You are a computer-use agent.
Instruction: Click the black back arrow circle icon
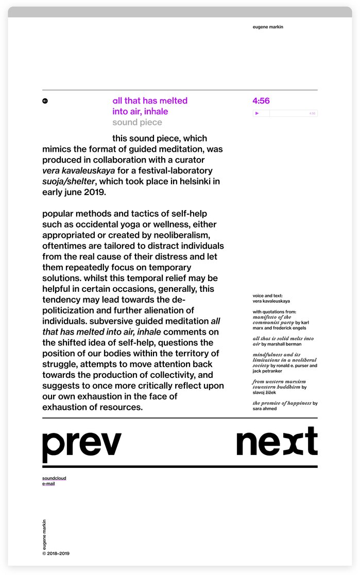[45, 101]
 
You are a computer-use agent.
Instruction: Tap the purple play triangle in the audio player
[257, 113]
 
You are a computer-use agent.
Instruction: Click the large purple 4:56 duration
[261, 101]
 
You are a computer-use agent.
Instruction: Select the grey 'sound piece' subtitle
[137, 123]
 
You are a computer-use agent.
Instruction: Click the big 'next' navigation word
[277, 442]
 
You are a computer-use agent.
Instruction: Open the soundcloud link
[54, 478]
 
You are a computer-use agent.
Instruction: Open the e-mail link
[48, 484]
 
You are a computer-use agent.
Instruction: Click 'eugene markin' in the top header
[268, 27]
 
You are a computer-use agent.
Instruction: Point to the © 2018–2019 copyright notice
[56, 554]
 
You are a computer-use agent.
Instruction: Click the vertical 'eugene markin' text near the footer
[45, 534]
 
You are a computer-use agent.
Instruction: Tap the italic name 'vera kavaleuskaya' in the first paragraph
[78, 170]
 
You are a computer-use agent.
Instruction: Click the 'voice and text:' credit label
[267, 296]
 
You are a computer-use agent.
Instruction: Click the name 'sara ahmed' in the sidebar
[265, 409]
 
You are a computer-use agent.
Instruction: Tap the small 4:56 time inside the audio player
[312, 113]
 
